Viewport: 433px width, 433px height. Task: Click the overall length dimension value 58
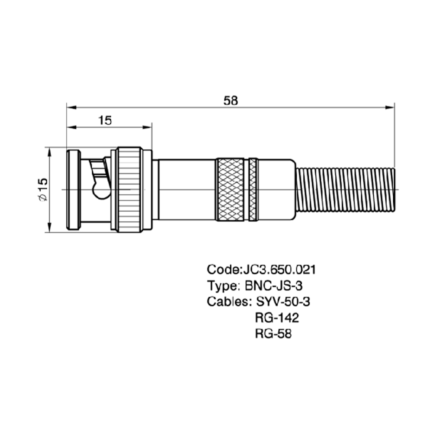[x=231, y=100]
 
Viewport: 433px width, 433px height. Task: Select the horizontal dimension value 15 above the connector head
[x=105, y=120]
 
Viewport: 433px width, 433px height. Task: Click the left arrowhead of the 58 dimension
[x=71, y=107]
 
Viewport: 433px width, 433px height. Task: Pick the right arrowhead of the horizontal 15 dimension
[x=147, y=127]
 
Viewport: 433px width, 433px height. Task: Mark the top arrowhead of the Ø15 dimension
[x=50, y=152]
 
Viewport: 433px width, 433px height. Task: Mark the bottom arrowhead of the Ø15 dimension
[x=50, y=228]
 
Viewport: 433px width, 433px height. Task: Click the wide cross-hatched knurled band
[x=230, y=190]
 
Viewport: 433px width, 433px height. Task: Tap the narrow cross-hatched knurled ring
[x=253, y=190]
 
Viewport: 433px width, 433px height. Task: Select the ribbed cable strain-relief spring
[x=346, y=190]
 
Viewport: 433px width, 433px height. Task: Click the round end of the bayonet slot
[x=100, y=190]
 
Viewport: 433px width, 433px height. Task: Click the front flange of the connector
[x=73, y=190]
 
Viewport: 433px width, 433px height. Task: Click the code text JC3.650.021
[x=279, y=270]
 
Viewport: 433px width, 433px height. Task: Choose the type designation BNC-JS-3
[x=274, y=286]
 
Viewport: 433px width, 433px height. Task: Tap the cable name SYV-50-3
[x=283, y=301]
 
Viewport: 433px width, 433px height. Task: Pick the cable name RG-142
[x=277, y=318]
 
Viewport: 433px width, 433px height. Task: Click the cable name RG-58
[x=273, y=334]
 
